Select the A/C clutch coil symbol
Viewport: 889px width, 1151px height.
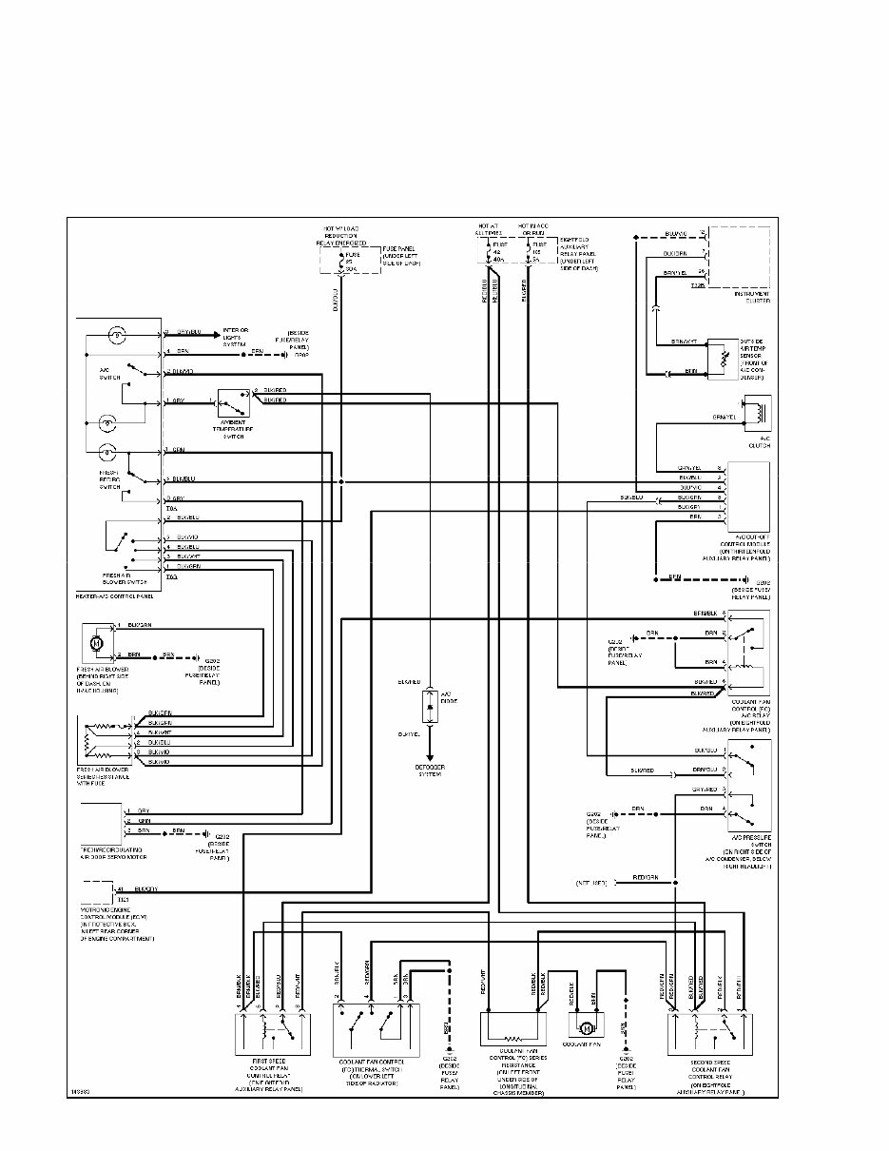click(758, 412)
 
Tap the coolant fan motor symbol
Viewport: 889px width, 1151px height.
click(587, 1027)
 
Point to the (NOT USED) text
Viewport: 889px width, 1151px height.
click(591, 883)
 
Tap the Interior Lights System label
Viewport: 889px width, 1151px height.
click(235, 338)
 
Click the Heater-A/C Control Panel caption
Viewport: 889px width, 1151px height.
click(113, 595)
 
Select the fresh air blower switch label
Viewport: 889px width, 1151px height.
click(115, 579)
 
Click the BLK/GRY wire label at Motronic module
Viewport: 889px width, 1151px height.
click(146, 888)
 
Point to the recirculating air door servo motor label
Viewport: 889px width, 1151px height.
click(117, 851)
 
